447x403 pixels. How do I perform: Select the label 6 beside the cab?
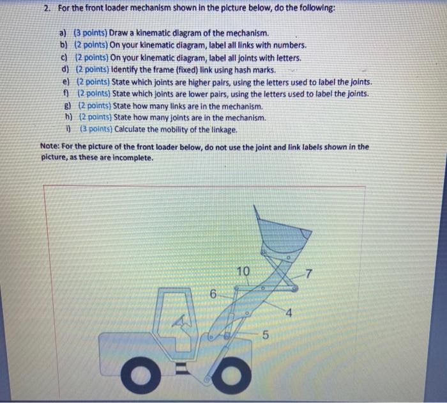(x=214, y=294)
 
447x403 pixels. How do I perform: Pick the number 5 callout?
(x=266, y=335)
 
